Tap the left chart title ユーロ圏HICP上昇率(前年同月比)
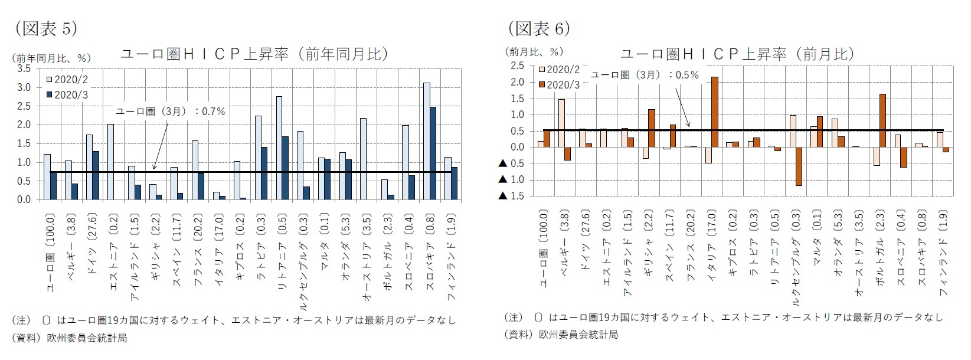[x=254, y=54]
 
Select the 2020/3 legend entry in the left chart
[x=66, y=94]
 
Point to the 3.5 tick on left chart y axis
[x=24, y=68]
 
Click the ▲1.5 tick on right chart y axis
[x=512, y=195]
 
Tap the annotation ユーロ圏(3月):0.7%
[x=170, y=111]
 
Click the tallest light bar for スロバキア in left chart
[x=426, y=141]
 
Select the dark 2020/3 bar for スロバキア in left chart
[x=433, y=153]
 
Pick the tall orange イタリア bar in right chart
[x=714, y=112]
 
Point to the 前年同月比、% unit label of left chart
[x=51, y=58]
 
